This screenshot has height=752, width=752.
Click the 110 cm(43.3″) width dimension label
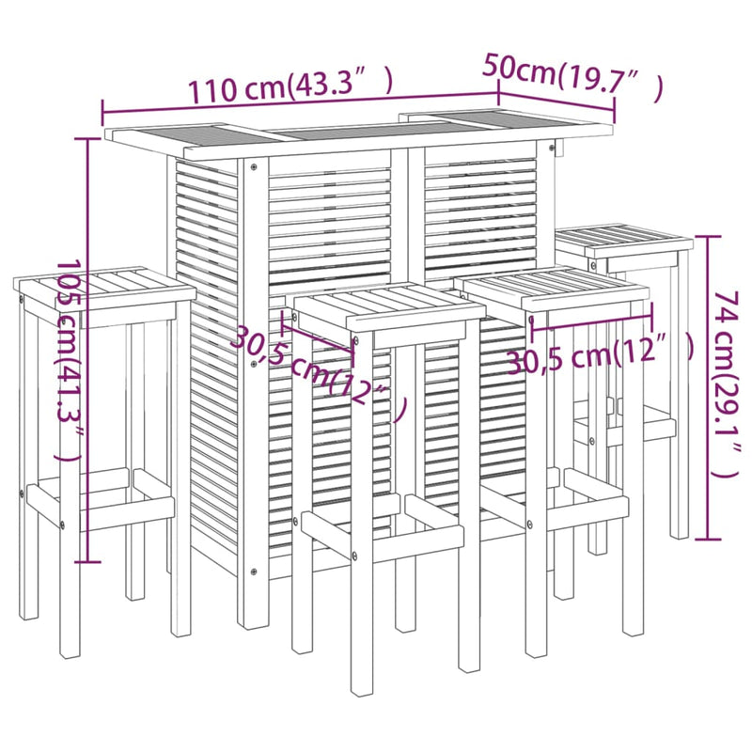290,86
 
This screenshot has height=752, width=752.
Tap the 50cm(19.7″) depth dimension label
573,78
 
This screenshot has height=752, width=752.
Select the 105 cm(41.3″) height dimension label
69,360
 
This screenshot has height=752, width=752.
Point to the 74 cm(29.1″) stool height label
727,384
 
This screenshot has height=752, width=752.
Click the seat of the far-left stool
104,288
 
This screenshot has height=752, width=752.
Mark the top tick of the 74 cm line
709,237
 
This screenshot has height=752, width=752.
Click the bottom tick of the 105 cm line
87,561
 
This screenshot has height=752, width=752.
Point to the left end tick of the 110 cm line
102,114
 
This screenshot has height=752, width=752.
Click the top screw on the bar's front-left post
253,167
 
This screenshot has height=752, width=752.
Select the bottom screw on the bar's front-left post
253,572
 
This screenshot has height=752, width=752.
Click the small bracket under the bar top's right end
557,148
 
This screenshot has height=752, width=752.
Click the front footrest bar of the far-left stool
101,508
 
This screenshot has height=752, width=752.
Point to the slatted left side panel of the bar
207,365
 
